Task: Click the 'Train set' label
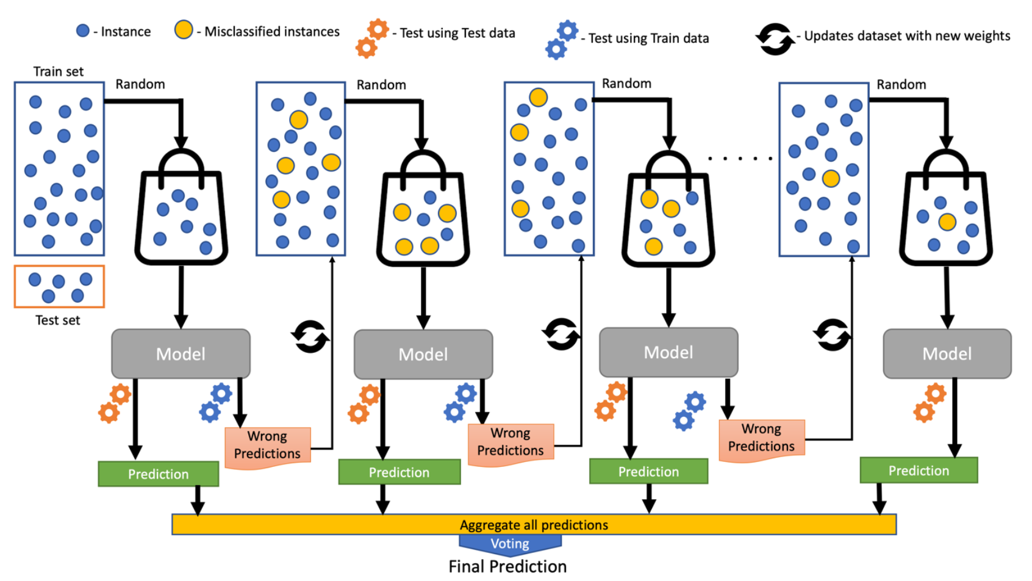(x=59, y=71)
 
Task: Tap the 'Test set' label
(x=57, y=320)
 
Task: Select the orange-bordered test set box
(x=59, y=286)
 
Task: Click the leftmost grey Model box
(x=181, y=354)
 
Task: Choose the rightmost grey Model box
(x=947, y=354)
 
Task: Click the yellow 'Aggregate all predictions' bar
(x=534, y=524)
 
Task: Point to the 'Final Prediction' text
(x=507, y=566)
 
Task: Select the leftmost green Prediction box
(x=158, y=474)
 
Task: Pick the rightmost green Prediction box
(x=919, y=471)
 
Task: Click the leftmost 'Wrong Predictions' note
(x=267, y=446)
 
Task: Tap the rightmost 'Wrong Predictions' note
(x=761, y=438)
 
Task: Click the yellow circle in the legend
(x=184, y=30)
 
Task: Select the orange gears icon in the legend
(x=372, y=38)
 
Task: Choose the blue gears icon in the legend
(x=562, y=40)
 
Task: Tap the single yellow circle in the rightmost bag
(x=947, y=222)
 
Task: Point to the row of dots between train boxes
(x=740, y=159)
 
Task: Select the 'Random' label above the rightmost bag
(x=901, y=84)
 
